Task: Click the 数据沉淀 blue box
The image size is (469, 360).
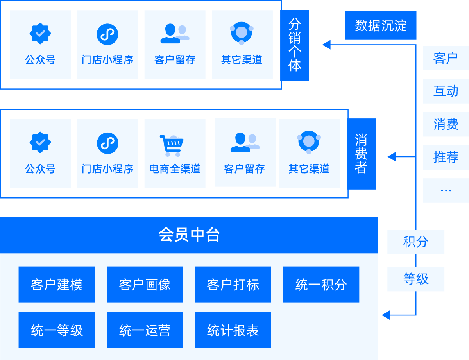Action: tap(381, 25)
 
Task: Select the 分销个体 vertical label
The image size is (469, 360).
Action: tap(295, 45)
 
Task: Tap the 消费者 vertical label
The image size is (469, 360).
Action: tap(361, 154)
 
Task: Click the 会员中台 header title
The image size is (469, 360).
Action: tap(189, 235)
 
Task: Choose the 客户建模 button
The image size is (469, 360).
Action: tap(57, 285)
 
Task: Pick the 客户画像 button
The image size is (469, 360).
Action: tap(145, 285)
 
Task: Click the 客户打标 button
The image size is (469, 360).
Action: tap(233, 285)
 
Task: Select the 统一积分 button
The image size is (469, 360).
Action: tap(321, 285)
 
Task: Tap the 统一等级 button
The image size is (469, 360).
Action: tap(57, 330)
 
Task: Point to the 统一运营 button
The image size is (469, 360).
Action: tap(145, 330)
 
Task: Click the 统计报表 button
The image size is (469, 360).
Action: tap(233, 330)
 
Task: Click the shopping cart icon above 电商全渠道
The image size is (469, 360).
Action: tap(171, 145)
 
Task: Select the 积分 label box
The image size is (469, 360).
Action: tap(416, 242)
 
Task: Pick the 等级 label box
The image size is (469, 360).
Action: tap(416, 279)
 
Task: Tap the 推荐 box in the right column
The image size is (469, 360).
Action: tap(446, 157)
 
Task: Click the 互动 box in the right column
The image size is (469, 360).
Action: tap(446, 91)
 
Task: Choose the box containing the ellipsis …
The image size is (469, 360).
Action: tap(446, 190)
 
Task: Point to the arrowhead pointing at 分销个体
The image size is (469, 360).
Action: tap(326, 45)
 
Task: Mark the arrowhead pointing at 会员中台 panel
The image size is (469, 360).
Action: tap(386, 315)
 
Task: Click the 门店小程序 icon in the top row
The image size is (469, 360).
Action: tap(107, 34)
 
